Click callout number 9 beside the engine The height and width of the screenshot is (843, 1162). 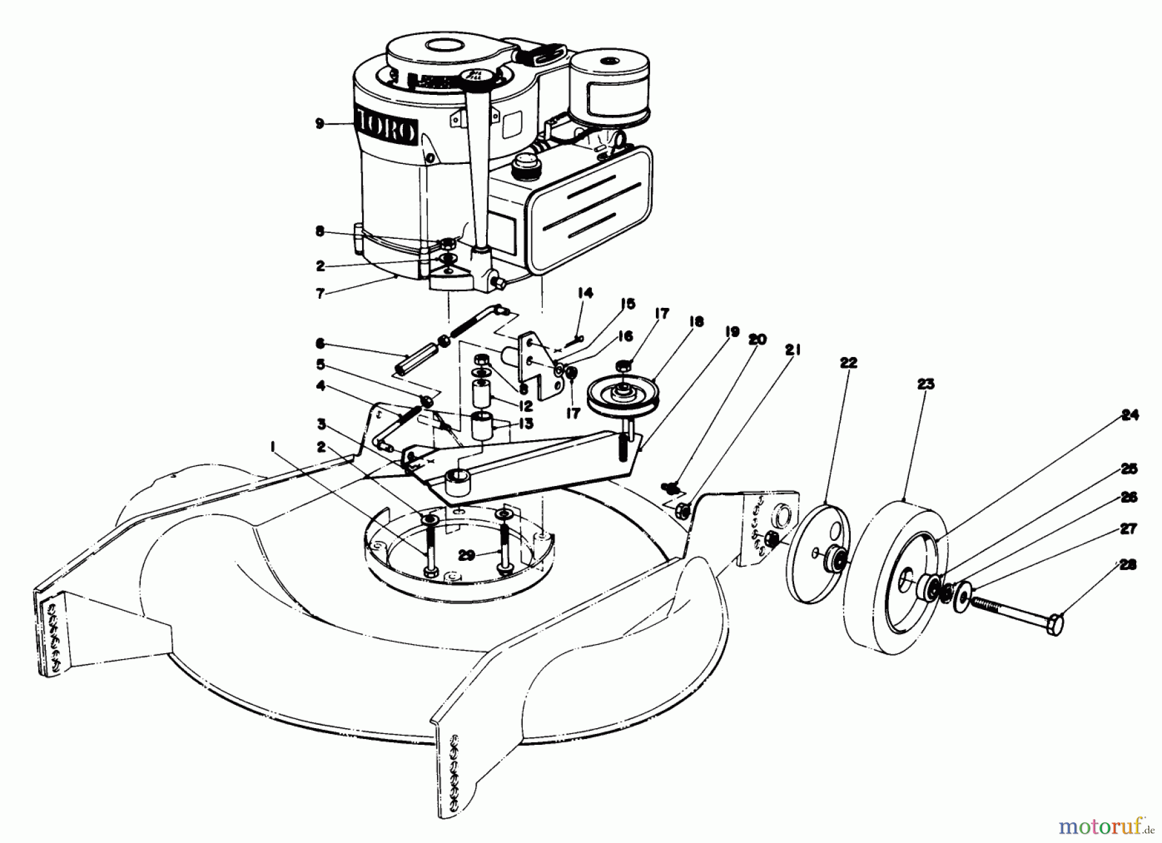coord(320,123)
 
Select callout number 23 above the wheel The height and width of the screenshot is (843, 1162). coord(924,385)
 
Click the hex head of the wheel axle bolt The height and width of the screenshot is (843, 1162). coord(1054,624)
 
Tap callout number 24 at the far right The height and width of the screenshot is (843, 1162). coord(1129,416)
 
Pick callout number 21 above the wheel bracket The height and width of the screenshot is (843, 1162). coord(793,350)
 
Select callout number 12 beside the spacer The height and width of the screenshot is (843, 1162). coord(524,407)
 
